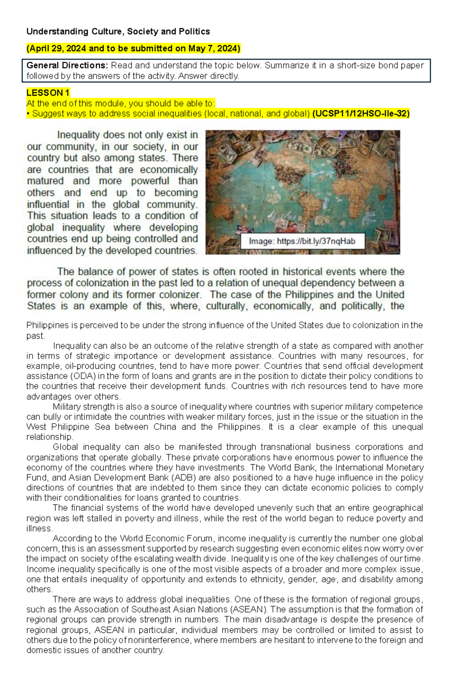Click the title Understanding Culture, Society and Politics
point(118,31)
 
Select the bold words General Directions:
point(67,65)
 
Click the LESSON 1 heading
point(48,93)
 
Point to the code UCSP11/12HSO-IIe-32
point(361,113)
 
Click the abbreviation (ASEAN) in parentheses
point(248,609)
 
